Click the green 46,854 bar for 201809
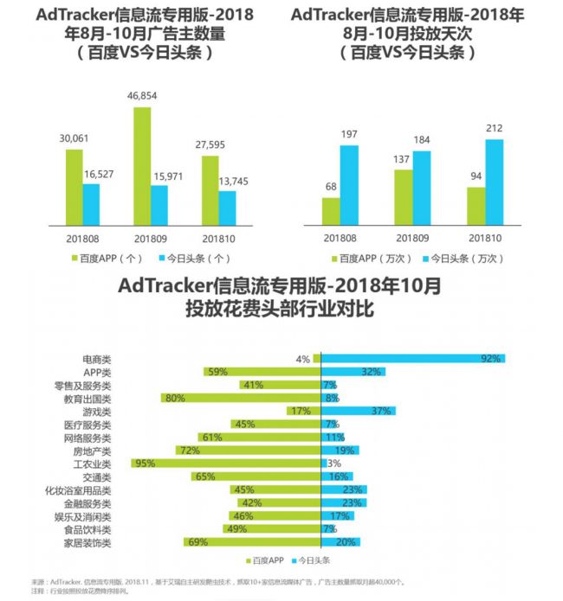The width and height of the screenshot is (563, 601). tap(141, 164)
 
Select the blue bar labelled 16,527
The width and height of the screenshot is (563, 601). tap(91, 201)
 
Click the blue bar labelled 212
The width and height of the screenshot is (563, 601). tap(494, 181)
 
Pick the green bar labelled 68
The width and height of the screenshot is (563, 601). tap(330, 209)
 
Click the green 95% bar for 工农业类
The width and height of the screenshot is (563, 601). tap(225, 464)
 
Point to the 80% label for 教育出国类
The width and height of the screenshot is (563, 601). tap(174, 398)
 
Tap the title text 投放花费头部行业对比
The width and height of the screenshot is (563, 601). tap(279, 309)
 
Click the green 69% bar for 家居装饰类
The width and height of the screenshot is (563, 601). tap(252, 542)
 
